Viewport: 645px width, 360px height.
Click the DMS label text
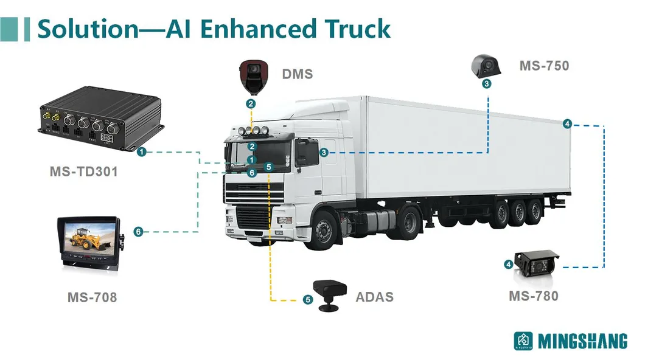click(x=298, y=75)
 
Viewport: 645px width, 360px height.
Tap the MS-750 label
click(x=544, y=66)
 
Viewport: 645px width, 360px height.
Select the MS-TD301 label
click(x=83, y=172)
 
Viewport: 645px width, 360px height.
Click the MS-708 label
click(x=92, y=298)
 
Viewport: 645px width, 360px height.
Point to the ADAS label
click(x=374, y=297)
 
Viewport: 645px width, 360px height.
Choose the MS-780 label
click(x=534, y=296)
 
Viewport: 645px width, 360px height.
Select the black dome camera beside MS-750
click(x=486, y=66)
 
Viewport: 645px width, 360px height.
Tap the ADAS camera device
click(x=329, y=294)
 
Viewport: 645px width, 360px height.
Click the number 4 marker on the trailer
click(x=567, y=124)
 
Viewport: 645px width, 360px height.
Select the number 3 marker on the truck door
click(x=324, y=153)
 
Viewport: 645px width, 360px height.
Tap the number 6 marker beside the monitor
click(x=139, y=232)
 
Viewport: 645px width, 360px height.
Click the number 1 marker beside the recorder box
click(x=141, y=151)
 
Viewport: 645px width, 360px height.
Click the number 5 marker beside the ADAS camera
click(x=308, y=299)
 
